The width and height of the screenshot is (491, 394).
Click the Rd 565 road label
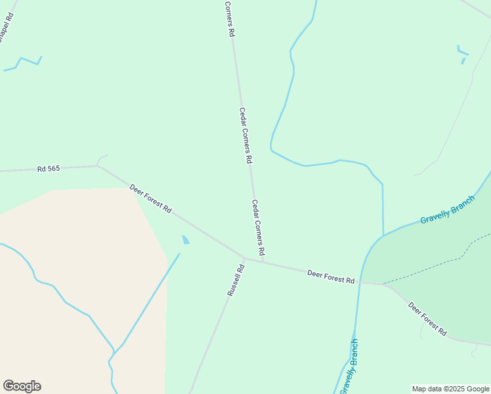[49, 169]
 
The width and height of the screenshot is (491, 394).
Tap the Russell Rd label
[236, 280]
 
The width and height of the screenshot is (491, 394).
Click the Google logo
[22, 386]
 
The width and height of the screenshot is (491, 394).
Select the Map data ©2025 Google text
[451, 389]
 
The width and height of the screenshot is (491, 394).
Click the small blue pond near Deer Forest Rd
[185, 240]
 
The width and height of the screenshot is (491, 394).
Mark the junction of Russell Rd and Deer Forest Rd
[244, 257]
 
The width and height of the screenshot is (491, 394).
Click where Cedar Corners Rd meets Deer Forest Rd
[263, 261]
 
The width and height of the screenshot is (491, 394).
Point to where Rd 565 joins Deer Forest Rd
[98, 165]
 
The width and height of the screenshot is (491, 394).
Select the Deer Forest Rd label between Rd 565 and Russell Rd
[150, 198]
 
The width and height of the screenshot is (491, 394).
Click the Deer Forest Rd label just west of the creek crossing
[331, 276]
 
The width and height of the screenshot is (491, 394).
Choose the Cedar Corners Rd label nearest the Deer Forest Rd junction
[258, 228]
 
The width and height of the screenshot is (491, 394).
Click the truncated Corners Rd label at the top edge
[229, 18]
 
